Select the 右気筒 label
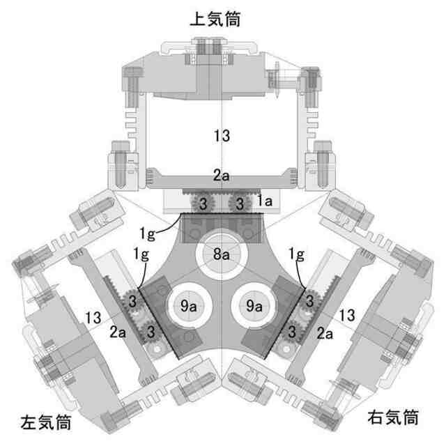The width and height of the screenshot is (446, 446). pos(393,418)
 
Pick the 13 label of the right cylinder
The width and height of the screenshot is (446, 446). pos(346,316)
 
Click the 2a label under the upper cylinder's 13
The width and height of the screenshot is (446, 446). pos(222,176)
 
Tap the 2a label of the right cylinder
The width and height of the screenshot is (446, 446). pos(325,334)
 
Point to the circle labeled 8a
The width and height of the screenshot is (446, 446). pos(222,254)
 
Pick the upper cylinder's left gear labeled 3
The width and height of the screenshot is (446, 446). pos(203,204)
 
